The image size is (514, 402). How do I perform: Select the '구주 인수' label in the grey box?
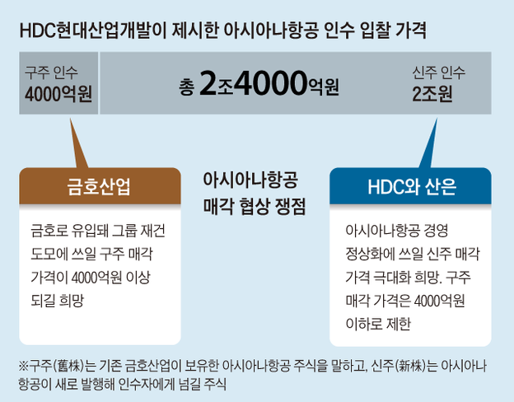(x=51, y=72)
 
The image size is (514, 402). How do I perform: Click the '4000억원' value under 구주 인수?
(x=58, y=94)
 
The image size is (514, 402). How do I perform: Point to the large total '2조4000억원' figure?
(x=269, y=83)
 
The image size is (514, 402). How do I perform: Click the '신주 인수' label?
(x=439, y=72)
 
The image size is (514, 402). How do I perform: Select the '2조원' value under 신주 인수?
(x=432, y=94)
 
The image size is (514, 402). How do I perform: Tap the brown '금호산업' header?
(x=99, y=186)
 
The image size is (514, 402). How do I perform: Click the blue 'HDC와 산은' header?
(x=412, y=187)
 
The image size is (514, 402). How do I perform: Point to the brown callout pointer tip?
(x=70, y=119)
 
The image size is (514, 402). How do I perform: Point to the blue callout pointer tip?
(x=437, y=119)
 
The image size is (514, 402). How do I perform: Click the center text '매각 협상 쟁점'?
(x=255, y=206)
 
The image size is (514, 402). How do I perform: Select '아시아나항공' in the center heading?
(x=250, y=180)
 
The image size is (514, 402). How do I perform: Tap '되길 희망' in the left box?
(x=58, y=301)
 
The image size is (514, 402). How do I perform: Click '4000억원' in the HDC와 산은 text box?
(x=439, y=301)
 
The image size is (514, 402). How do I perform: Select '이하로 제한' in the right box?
(x=378, y=324)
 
